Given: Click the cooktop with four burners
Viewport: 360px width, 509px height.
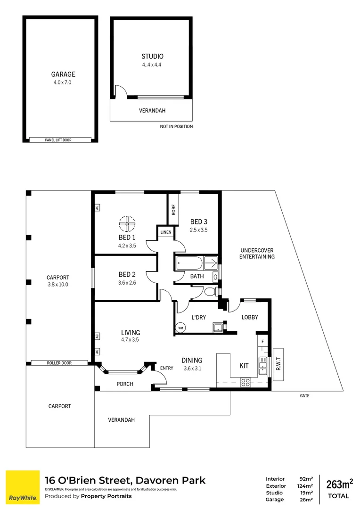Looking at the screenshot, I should [x=245, y=383].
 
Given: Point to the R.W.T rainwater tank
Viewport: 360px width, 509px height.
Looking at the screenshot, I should [x=278, y=364].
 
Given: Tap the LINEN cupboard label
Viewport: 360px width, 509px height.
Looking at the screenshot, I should [x=165, y=232].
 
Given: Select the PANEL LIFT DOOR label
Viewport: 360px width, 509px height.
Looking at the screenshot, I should [x=58, y=140].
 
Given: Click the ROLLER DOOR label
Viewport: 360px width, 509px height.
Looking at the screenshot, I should [x=58, y=363].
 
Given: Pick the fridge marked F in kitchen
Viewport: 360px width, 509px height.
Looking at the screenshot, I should [x=262, y=340].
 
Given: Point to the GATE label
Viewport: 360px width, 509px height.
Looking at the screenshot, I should [x=304, y=396].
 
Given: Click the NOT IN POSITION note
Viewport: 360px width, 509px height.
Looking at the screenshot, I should [x=176, y=127].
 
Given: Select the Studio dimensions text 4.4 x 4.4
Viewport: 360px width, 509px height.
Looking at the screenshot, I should [x=152, y=66].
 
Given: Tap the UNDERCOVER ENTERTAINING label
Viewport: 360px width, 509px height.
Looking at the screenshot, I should [x=257, y=254].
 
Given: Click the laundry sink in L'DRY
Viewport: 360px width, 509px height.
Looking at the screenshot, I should [x=218, y=327].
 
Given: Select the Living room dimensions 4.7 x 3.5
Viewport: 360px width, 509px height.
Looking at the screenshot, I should [x=130, y=339].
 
